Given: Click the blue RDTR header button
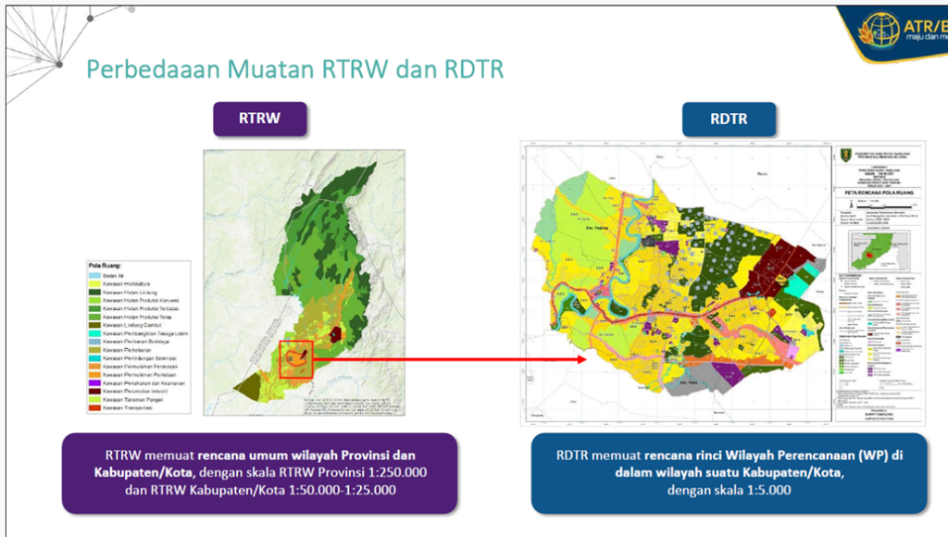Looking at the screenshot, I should click(729, 119).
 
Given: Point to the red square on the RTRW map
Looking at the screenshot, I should click(297, 359).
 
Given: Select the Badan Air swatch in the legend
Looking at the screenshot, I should click(94, 275).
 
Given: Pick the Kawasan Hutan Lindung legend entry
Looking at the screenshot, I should click(130, 293).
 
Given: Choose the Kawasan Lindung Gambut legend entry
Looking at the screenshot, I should click(131, 326).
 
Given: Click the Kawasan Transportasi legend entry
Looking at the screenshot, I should click(130, 407).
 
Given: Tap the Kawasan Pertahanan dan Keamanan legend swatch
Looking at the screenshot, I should click(94, 382).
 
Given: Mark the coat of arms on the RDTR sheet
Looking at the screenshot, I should click(844, 155).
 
